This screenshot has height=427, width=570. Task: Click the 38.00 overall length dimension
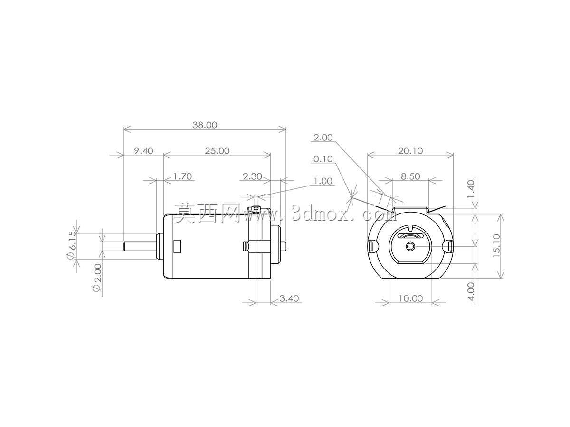point(205,125)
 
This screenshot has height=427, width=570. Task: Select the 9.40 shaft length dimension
point(143,150)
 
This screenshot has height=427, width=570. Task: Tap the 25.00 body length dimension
point(217,150)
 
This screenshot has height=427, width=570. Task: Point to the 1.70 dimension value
point(182,176)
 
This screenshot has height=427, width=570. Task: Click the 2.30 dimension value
point(252,176)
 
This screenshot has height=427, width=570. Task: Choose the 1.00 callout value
point(323,181)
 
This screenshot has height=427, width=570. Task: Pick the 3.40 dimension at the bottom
point(289,298)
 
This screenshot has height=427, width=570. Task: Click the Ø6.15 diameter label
point(71,244)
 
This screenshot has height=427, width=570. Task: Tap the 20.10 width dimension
point(410,150)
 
